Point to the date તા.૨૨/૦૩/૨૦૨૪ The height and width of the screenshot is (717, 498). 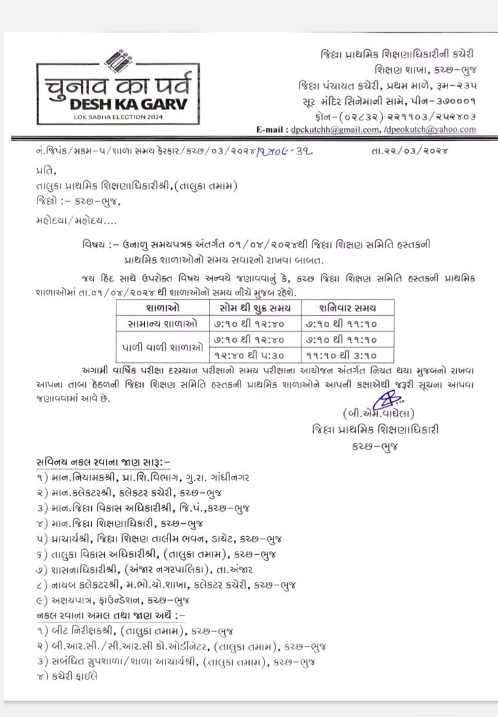[411, 151]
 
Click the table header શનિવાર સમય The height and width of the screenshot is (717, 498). [347, 308]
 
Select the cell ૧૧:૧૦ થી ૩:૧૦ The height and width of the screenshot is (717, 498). [347, 355]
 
